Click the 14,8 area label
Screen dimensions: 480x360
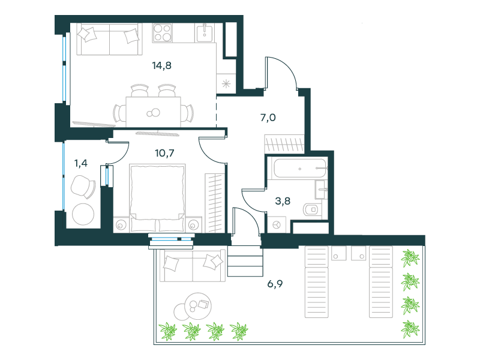click(x=161, y=65)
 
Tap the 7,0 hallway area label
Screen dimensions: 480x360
click(x=268, y=118)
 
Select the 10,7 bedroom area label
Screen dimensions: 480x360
click(x=164, y=153)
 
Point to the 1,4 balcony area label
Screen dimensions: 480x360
click(x=81, y=163)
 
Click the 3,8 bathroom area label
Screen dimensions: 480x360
click(x=283, y=201)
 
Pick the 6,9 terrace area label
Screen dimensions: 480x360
click(x=275, y=284)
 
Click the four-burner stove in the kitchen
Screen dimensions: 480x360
click(x=162, y=33)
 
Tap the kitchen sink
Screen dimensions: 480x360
click(x=204, y=33)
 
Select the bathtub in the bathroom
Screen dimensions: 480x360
click(x=299, y=168)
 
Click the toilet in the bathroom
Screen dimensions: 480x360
click(x=311, y=209)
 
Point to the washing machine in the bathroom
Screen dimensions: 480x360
click(x=277, y=225)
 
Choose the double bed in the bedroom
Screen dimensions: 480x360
click(x=157, y=198)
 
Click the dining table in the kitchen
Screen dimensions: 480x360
click(x=154, y=112)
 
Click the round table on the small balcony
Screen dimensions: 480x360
click(x=83, y=214)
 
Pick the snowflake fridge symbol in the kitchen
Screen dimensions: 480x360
click(x=226, y=83)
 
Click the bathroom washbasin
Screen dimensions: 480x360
click(x=321, y=189)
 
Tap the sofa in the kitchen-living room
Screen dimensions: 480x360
click(x=110, y=40)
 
